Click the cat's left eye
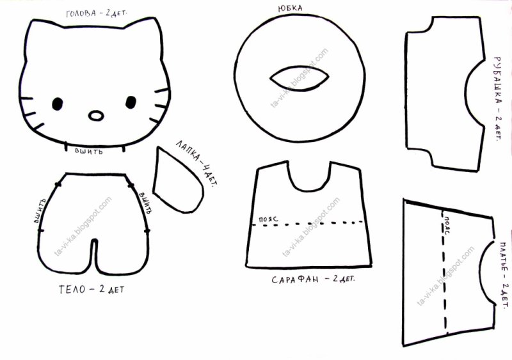(57, 104)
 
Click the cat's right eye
(131, 102)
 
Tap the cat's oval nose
(96, 116)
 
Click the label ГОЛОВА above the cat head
(81, 13)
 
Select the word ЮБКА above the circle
(291, 8)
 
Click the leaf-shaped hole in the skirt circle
(299, 78)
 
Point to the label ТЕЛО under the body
(72, 290)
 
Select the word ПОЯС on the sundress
(268, 219)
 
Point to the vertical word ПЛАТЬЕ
(504, 259)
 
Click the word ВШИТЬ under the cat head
(89, 151)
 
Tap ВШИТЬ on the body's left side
(40, 211)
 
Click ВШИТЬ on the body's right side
(145, 203)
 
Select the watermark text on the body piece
(83, 226)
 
